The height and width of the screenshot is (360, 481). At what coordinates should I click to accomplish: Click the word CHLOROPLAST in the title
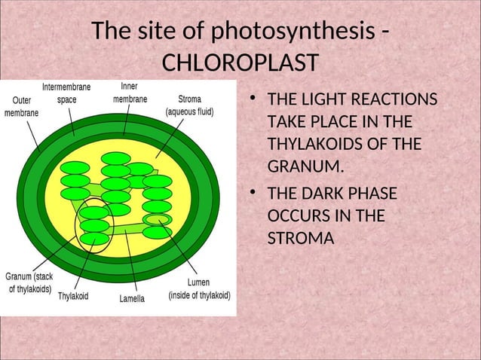240,61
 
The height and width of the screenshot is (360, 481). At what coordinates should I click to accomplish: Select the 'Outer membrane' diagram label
23,105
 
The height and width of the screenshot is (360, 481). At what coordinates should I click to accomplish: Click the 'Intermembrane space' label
66,93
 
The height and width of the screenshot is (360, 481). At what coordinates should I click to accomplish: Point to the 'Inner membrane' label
130,93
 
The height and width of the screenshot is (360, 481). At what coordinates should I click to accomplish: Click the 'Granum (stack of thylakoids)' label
29,282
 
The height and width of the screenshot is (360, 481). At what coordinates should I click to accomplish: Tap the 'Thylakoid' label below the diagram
73,297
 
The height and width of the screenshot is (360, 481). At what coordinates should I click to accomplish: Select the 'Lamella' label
132,298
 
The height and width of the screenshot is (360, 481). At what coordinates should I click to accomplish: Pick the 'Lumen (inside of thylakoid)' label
199,289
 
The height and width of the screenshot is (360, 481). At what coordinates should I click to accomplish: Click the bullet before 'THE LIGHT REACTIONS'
256,101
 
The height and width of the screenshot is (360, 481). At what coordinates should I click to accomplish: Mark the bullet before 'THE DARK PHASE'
256,194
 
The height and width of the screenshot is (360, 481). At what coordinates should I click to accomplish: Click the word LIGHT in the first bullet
317,101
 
